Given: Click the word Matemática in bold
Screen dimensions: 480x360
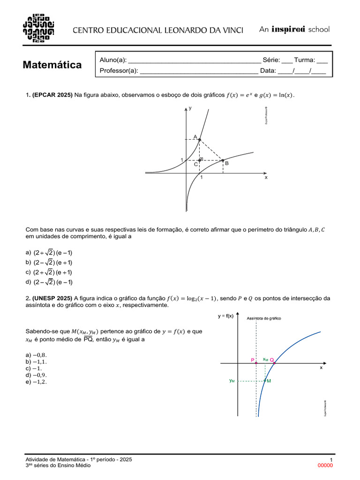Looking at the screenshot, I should coord(52,65).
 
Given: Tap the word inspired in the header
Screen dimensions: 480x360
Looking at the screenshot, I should coord(289,29).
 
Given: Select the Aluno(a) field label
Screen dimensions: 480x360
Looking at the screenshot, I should coord(113,60).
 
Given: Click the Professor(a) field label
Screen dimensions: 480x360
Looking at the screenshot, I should coord(119,71).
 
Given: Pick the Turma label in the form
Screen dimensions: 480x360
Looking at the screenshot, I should coord(305,60).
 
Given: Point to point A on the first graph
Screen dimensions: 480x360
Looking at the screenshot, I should coord(200,140).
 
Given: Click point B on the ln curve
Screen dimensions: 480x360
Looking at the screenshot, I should coord(223,160).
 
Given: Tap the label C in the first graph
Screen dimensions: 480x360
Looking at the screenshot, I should coord(196,165).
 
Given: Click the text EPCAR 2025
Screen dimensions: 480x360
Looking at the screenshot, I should coord(52,95).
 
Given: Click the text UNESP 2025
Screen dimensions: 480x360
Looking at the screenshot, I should coord(52,298).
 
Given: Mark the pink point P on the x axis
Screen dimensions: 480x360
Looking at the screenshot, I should coord(256,363).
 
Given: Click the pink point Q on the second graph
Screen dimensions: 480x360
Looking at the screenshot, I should coord(274,363).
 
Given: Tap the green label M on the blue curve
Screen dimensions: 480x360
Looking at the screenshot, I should coord(269,381).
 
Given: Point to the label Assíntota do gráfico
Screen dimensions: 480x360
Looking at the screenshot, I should coord(263,319).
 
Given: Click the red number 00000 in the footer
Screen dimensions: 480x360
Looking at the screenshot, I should coord(325,465).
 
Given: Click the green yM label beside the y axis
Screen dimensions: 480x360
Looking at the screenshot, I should coord(232,381).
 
